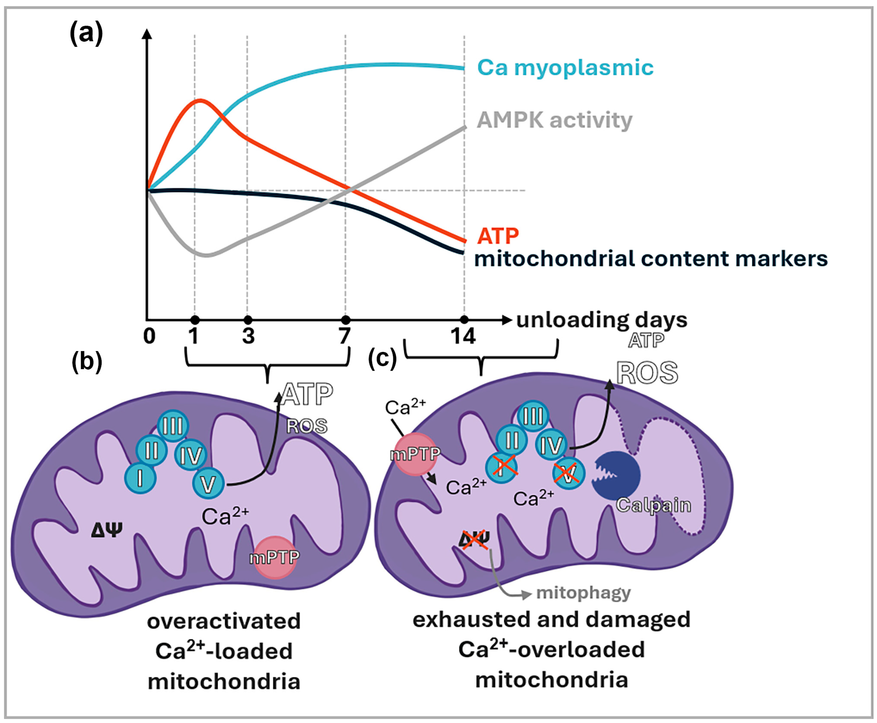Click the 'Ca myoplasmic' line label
(x=565, y=67)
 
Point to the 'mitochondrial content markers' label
(x=651, y=259)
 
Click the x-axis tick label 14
(x=463, y=336)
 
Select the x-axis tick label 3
(x=248, y=336)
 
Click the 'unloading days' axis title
(x=602, y=320)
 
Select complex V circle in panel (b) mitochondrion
(x=208, y=484)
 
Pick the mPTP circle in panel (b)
(x=275, y=557)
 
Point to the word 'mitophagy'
(x=583, y=593)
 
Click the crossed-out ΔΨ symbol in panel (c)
(x=474, y=540)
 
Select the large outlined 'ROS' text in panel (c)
(x=647, y=373)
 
